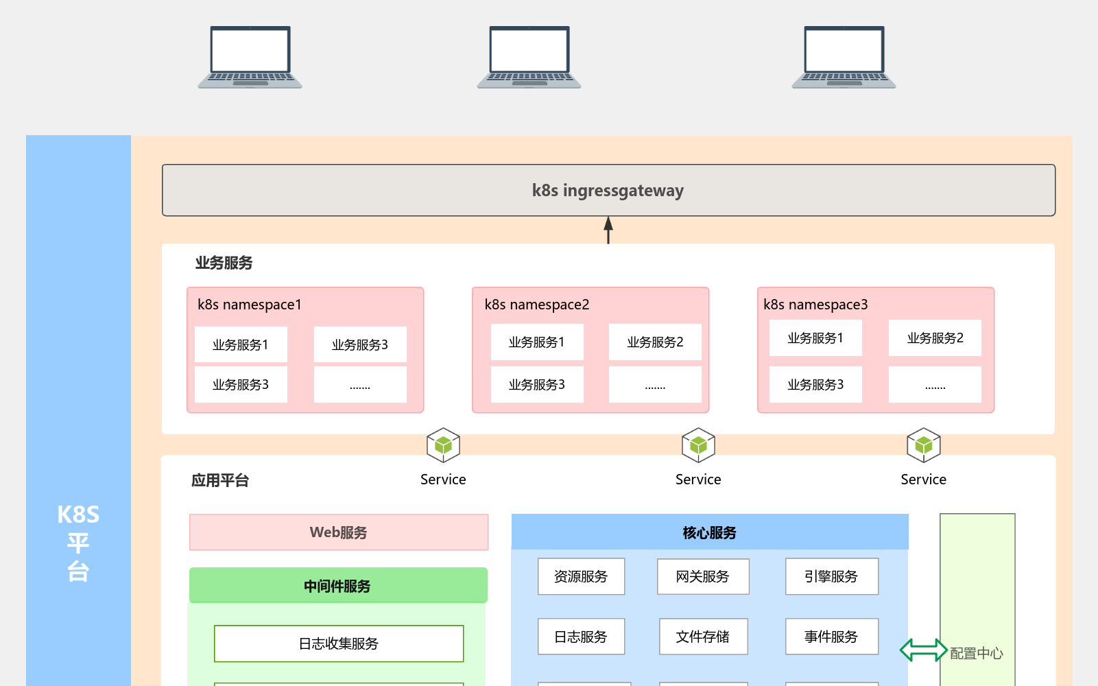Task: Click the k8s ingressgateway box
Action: click(x=608, y=190)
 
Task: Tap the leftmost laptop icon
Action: click(x=250, y=57)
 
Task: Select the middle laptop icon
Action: click(x=529, y=57)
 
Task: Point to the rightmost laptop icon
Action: click(x=844, y=57)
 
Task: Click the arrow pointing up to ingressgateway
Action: click(x=608, y=230)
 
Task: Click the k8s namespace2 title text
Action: click(x=536, y=305)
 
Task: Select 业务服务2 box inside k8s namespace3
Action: click(x=935, y=338)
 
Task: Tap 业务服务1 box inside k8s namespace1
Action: click(x=241, y=345)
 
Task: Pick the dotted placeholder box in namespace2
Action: click(x=655, y=385)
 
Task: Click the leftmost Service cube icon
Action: click(x=443, y=445)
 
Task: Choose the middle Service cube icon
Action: click(x=698, y=445)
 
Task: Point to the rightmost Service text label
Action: click(x=923, y=480)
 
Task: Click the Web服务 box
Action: click(x=339, y=532)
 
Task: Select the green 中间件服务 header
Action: click(x=338, y=586)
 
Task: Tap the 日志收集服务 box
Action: click(x=339, y=643)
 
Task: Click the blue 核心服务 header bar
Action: click(x=710, y=532)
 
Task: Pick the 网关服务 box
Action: click(x=703, y=577)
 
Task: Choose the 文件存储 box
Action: click(x=703, y=637)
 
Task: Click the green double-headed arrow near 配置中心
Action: click(x=923, y=650)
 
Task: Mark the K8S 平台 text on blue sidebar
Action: click(x=78, y=542)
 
